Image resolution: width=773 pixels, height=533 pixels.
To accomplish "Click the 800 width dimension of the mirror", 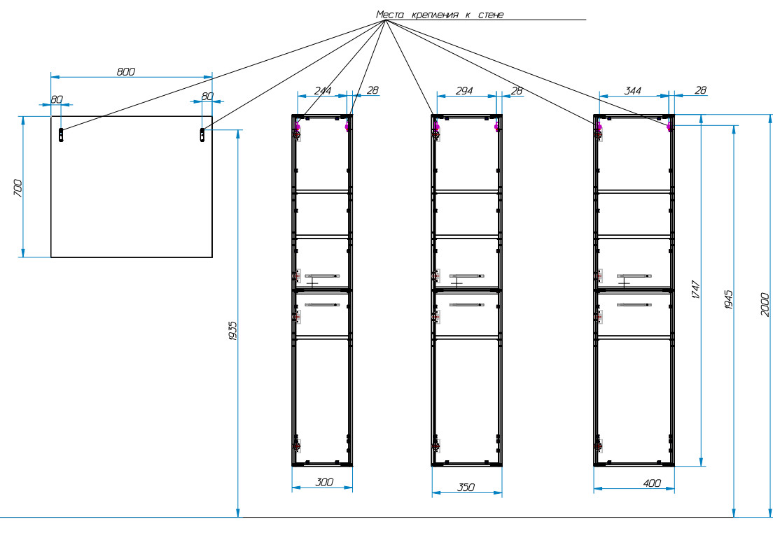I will pos(125,71).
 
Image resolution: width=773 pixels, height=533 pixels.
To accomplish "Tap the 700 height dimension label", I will pos(18,187).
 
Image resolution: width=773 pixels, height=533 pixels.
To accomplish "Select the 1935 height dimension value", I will pos(233,331).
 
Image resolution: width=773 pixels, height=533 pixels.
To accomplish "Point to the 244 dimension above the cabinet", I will pos(322,90).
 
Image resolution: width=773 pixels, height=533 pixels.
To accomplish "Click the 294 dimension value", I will pos(464,90).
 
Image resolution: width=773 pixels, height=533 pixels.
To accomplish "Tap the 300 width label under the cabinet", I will pos(323,482).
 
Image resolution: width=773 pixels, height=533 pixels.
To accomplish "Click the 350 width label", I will pos(466,488).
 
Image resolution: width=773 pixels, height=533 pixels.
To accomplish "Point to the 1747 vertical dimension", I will pos(695,290).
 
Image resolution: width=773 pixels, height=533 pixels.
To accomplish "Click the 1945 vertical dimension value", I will pos(728,301).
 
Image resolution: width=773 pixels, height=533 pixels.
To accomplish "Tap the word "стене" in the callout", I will pos(489,14).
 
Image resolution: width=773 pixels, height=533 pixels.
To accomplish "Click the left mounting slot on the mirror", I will pos(62,135).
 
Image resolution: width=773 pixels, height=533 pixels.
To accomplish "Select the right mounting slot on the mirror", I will pos(203,134).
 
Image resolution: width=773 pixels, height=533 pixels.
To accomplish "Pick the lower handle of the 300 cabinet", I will pos(322,304).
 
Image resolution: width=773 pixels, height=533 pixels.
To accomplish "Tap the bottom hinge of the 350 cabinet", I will pos(436,446).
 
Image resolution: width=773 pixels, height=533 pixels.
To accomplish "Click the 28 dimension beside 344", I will pos(699,90).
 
